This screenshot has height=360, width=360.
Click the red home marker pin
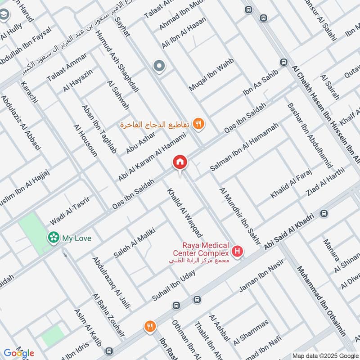[x=180, y=162]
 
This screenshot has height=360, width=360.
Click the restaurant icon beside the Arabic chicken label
[x=198, y=124]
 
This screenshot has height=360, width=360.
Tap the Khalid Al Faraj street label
[x=292, y=186]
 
